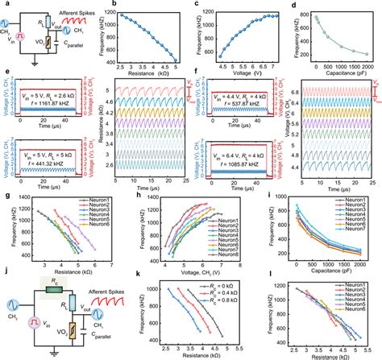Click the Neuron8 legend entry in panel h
click(x=235, y=256)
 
